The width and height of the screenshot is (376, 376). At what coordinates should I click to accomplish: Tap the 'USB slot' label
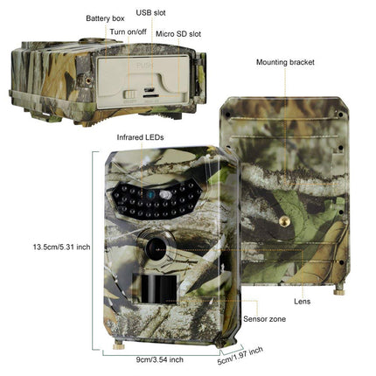point(150,13)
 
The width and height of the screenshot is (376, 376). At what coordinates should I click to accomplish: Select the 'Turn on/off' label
point(127,32)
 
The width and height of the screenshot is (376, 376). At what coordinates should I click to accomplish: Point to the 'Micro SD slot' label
point(178,33)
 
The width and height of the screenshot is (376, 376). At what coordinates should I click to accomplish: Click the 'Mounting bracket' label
point(285,62)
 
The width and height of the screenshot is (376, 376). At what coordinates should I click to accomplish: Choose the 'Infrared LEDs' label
point(140,137)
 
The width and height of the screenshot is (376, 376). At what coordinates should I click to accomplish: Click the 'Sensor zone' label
point(264,320)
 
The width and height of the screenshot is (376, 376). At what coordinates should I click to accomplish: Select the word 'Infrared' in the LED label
point(129,137)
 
